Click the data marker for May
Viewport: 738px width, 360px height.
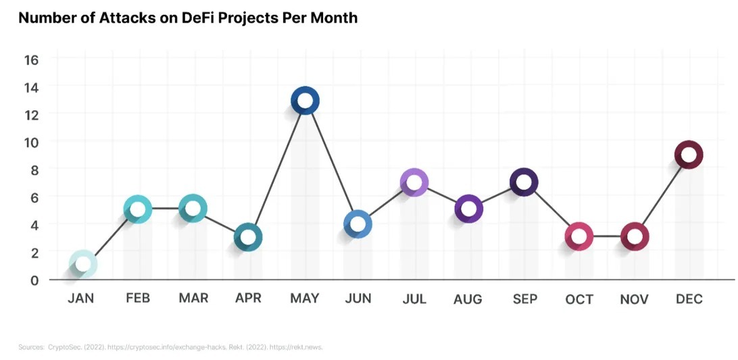[x=305, y=101]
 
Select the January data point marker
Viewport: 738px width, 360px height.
[x=82, y=263]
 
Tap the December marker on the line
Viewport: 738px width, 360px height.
[x=689, y=155]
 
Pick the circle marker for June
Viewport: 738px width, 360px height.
[x=358, y=224]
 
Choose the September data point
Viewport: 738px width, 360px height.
[x=524, y=182]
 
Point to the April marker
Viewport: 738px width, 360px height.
[x=248, y=237]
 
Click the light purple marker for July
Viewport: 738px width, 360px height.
[x=414, y=182]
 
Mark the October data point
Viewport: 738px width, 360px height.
[x=579, y=237]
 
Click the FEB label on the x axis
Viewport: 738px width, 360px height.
[x=138, y=299]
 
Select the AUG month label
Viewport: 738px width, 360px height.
[x=468, y=299]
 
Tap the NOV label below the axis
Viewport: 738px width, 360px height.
[x=634, y=299]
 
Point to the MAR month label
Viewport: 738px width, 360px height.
[x=193, y=299]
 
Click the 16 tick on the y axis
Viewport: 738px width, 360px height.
[x=32, y=59]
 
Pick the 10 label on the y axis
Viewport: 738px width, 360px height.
[x=32, y=142]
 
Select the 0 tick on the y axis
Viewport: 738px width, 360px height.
[x=34, y=280]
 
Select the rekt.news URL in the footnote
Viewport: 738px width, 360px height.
[x=302, y=347]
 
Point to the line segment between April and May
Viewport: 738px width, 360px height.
[x=276, y=170]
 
